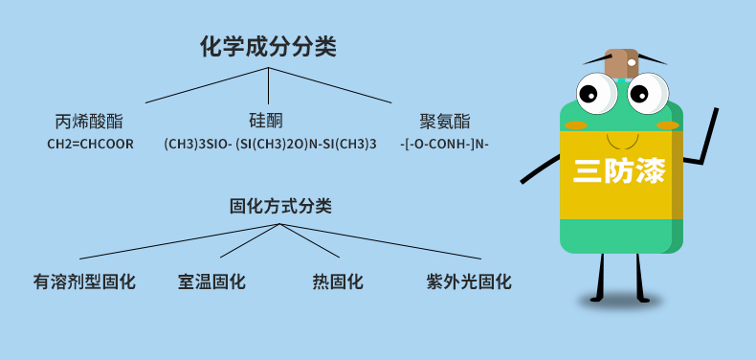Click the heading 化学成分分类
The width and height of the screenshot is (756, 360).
tap(268, 46)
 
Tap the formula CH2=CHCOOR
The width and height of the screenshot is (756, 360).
tap(90, 145)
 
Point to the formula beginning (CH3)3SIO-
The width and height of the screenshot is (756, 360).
tap(270, 145)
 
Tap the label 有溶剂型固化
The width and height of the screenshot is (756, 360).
tap(84, 282)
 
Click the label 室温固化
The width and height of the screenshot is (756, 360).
tap(211, 282)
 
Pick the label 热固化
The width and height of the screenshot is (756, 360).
tap(337, 282)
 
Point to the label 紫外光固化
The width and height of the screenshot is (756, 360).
tap(469, 282)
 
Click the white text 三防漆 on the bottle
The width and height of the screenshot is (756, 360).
tap(619, 171)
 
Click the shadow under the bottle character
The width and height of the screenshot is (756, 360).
tap(620, 302)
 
